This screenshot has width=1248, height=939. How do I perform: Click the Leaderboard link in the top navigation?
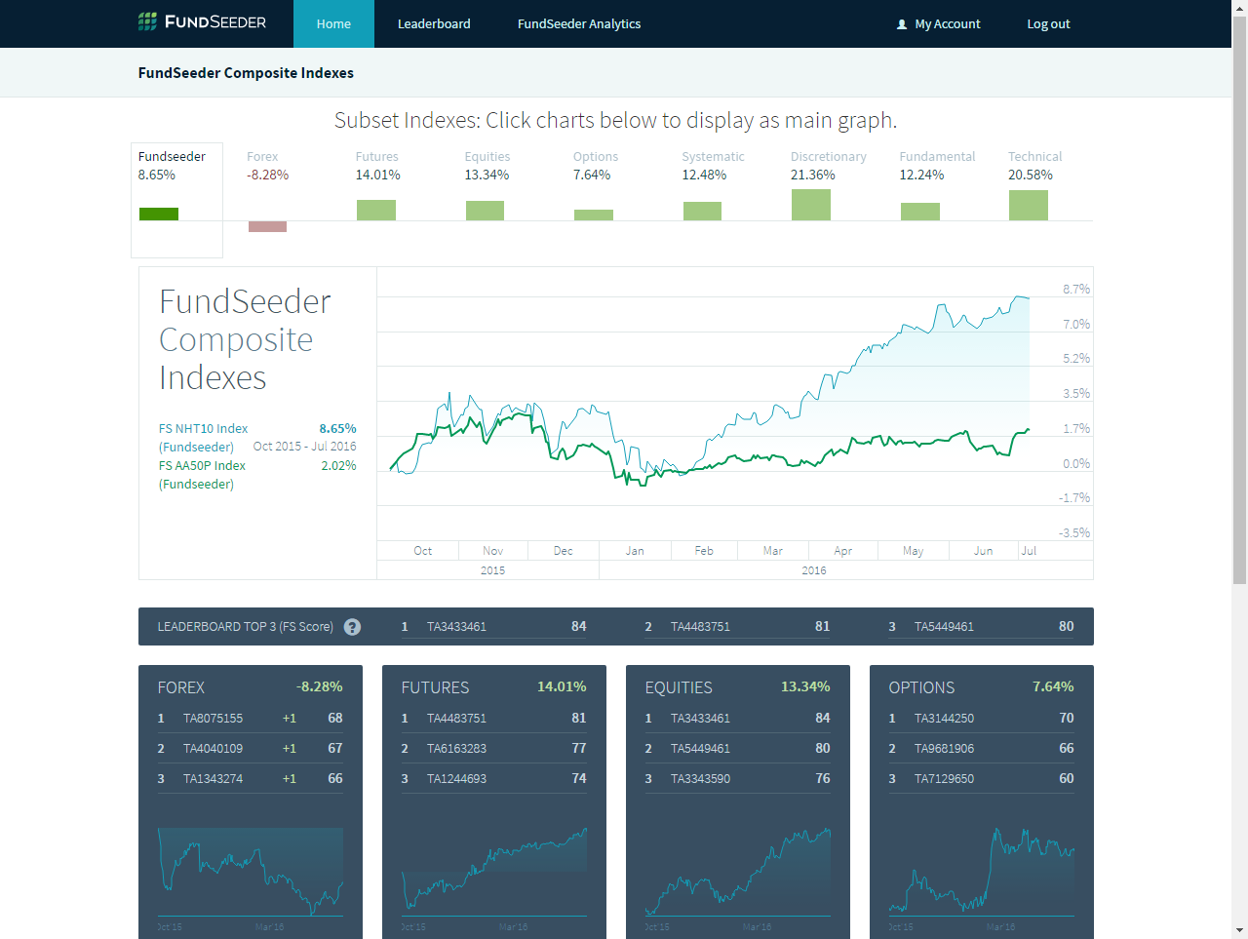click(x=434, y=24)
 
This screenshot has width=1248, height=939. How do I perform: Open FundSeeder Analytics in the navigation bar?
click(x=579, y=24)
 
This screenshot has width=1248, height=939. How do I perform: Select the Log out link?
click(x=1048, y=24)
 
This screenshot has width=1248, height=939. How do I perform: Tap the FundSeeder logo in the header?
click(x=202, y=21)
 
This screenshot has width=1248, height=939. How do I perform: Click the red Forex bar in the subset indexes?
click(x=267, y=226)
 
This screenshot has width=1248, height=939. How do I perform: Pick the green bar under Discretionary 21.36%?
click(x=810, y=205)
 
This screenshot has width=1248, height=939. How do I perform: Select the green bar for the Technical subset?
click(x=1028, y=205)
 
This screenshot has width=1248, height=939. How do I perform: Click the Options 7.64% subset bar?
click(x=593, y=215)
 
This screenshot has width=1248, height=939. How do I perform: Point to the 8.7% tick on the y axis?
click(x=1076, y=290)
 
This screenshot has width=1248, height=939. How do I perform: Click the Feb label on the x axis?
click(x=704, y=551)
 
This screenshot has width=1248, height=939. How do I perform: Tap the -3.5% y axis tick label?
click(x=1074, y=533)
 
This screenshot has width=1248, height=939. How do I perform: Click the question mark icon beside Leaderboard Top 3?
click(x=353, y=627)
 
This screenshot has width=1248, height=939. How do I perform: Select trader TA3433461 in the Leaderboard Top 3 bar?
click(x=456, y=627)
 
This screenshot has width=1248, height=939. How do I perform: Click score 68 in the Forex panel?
click(x=334, y=719)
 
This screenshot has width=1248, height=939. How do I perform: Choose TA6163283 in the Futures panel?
click(x=456, y=749)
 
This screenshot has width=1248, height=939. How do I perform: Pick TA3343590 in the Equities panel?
click(x=700, y=779)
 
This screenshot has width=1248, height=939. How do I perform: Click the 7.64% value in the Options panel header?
click(x=1053, y=687)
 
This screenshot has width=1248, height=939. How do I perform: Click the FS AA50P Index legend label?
click(x=202, y=466)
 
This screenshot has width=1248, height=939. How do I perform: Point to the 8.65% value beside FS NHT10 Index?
click(x=337, y=429)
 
